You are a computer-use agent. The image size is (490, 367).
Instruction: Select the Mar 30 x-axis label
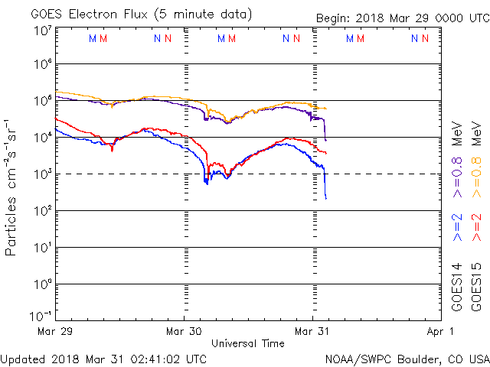pos(185,331)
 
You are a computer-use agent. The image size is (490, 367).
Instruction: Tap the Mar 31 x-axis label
pos(313,331)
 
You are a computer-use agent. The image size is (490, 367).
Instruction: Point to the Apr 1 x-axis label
pos(442,331)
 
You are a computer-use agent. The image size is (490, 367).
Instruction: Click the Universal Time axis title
pos(248,343)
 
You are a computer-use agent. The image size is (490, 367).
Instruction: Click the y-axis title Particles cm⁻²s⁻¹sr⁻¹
pos(12,186)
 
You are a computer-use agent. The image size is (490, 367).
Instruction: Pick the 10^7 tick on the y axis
pos(43,30)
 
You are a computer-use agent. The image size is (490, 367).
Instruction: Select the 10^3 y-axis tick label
pos(43,174)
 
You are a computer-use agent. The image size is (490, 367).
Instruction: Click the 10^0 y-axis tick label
pos(43,284)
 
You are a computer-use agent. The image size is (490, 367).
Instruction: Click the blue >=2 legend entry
pos(457,228)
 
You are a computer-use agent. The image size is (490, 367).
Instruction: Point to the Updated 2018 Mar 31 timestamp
pos(104,358)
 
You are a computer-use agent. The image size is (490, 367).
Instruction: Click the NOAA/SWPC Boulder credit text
pos(406,358)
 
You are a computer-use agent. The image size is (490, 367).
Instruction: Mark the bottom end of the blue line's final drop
pos(325,199)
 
